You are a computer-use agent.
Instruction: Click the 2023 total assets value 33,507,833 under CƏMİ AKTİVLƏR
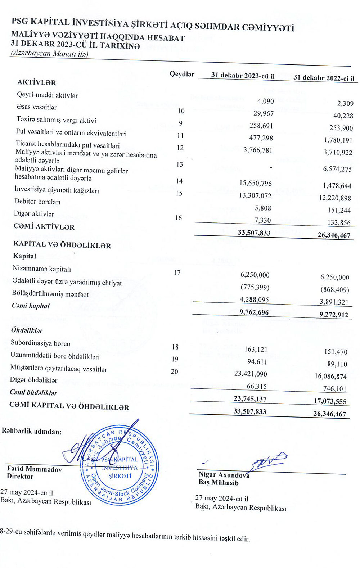254,233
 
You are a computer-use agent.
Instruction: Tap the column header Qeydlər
182,74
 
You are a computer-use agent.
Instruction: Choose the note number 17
177,272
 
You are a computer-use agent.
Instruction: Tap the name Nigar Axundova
224,475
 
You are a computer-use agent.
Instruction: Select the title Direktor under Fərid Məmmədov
20,477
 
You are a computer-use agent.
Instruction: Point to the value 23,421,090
251,374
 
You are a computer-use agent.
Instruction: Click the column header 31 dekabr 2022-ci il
324,78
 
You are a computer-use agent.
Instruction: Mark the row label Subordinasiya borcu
40,343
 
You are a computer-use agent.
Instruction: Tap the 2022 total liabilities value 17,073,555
330,401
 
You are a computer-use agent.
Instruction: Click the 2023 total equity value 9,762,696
254,312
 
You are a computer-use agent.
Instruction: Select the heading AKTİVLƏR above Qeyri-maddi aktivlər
37,82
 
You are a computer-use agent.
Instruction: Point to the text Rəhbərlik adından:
32,431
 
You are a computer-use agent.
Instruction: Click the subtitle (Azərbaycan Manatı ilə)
50,54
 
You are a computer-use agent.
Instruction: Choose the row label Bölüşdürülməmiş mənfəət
50,294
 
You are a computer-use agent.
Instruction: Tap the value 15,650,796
256,183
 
